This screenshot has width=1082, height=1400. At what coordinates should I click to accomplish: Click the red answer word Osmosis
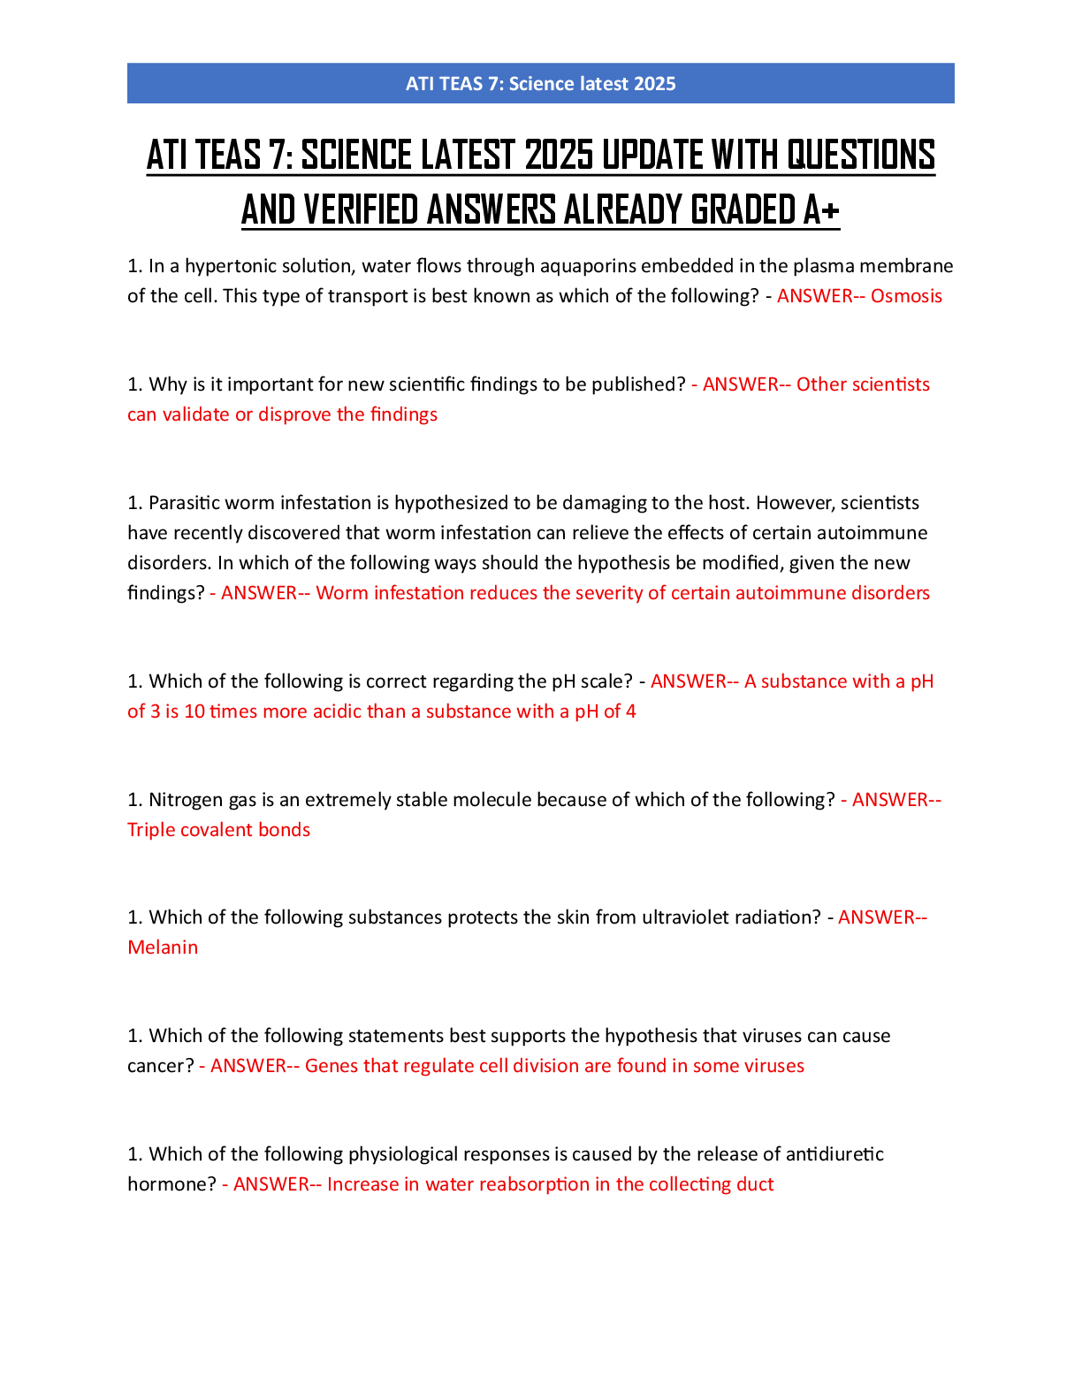coord(906,296)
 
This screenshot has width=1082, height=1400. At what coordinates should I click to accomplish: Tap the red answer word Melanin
coord(163,947)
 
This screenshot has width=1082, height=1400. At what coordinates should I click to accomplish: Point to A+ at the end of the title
coord(821,209)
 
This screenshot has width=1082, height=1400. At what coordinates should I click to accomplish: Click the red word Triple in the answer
coord(151,830)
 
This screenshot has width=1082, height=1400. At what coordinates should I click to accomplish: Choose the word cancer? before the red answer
coord(161,1066)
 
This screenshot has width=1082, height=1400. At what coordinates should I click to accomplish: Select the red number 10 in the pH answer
coord(194,711)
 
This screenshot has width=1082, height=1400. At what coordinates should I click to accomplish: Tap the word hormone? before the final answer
coord(171,1184)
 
